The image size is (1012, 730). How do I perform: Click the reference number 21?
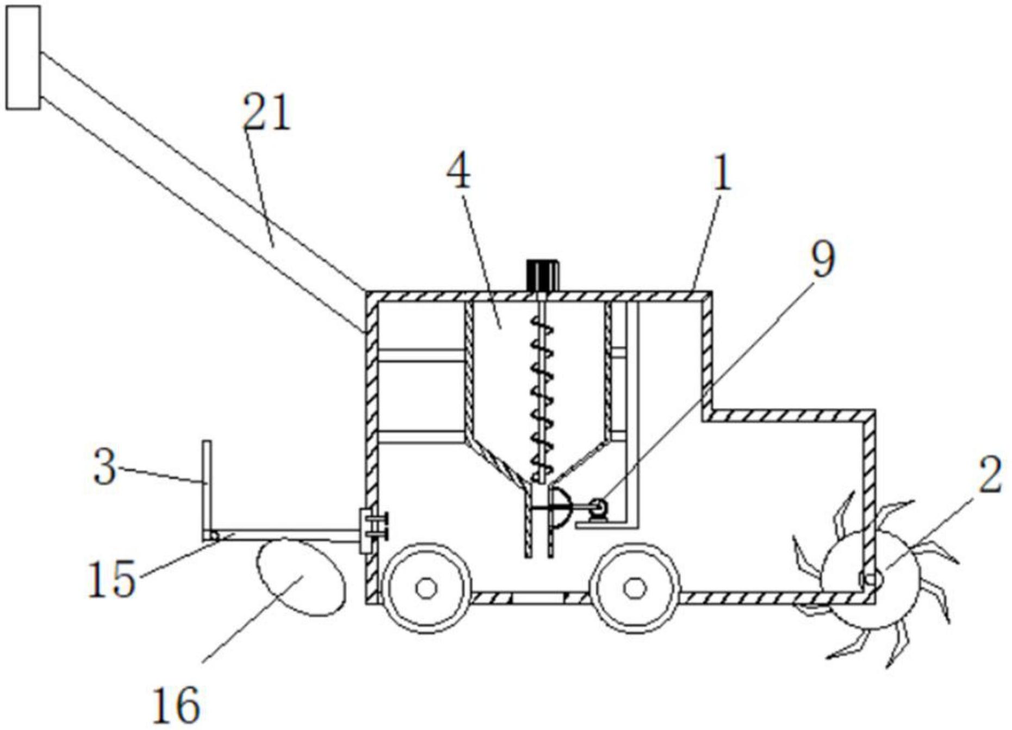click(x=266, y=112)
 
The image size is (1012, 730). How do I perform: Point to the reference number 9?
click(x=822, y=259)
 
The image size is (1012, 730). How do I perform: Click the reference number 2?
click(x=990, y=475)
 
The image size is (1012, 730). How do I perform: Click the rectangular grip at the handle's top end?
click(x=22, y=58)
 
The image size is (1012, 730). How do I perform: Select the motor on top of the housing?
click(x=541, y=276)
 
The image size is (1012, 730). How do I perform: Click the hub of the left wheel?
click(x=426, y=588)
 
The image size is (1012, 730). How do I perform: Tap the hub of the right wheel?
click(x=634, y=588)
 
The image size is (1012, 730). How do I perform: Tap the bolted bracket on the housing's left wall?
click(x=372, y=530)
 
